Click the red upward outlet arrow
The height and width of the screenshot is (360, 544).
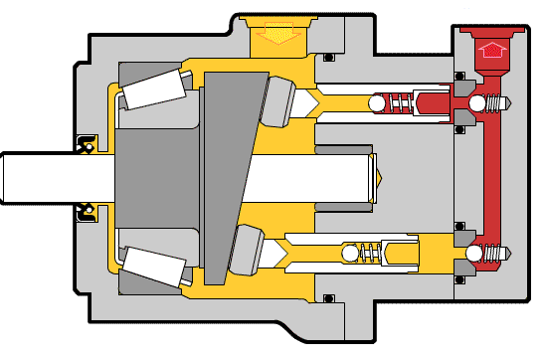[x=492, y=49]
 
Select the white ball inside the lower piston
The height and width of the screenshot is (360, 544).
[x=349, y=255]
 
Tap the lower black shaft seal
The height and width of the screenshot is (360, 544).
[x=87, y=211]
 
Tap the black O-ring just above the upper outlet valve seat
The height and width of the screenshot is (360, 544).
[x=458, y=76]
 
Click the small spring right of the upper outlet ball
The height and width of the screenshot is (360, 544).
[x=500, y=103]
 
